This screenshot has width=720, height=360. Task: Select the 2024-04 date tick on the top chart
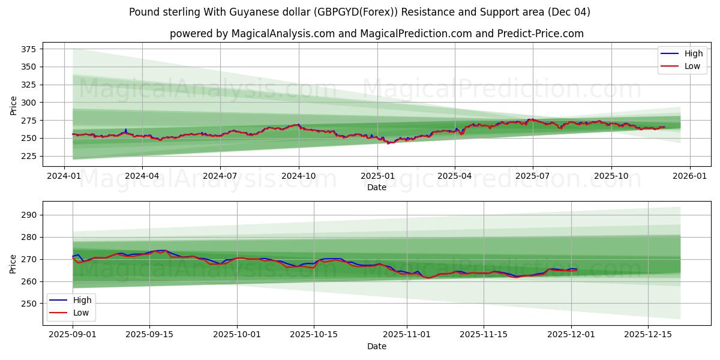[x=142, y=176]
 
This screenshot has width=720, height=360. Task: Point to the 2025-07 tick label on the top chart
[x=533, y=176]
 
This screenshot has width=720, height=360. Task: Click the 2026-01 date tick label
[x=689, y=176]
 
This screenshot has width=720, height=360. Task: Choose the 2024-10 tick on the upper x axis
[x=299, y=176]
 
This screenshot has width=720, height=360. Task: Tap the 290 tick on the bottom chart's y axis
[x=30, y=215]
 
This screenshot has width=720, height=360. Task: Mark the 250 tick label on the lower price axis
[x=30, y=304]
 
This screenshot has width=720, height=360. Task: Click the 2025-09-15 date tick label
[x=149, y=335]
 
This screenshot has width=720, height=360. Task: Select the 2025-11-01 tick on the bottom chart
[x=407, y=335]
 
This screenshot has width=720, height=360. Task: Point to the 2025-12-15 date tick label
[x=648, y=335]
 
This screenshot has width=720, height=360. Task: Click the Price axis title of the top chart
[x=14, y=105]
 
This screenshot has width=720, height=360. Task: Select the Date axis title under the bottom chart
[x=377, y=346]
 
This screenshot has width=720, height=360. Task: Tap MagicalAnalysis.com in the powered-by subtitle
[x=284, y=34]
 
